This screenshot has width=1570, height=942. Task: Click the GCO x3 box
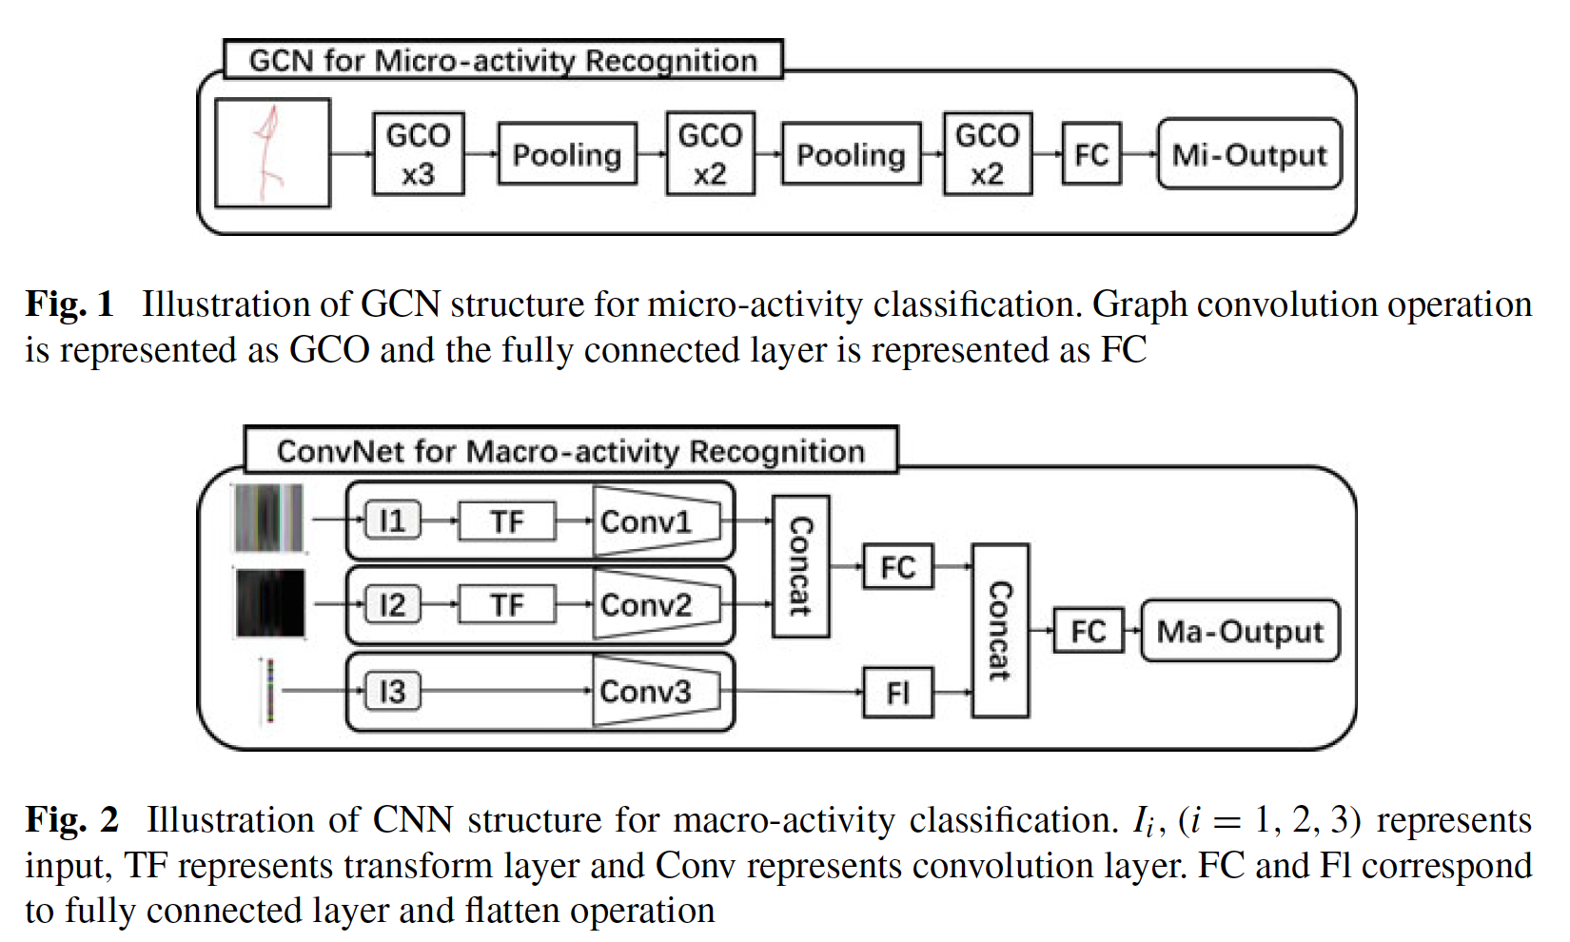(418, 154)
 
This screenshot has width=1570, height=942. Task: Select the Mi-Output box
(1249, 154)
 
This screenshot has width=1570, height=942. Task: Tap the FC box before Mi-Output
(1091, 154)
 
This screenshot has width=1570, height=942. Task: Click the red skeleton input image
(273, 153)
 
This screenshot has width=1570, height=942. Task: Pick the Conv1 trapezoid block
(655, 521)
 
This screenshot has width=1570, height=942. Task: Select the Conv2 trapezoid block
(655, 605)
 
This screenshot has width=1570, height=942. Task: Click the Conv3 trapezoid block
(655, 692)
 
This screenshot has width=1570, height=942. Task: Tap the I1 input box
(392, 521)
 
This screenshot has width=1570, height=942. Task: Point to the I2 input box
(392, 605)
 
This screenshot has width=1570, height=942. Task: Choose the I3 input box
(392, 692)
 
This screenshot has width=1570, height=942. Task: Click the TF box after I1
(507, 521)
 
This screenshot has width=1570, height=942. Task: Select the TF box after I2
(507, 605)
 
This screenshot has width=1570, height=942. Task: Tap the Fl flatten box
(897, 693)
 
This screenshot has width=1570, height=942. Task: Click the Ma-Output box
(1240, 631)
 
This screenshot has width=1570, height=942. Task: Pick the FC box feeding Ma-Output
(1089, 631)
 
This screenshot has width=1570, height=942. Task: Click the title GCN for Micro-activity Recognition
(502, 61)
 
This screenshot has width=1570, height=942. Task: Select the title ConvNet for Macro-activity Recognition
(570, 451)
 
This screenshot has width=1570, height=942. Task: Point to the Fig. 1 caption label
(69, 304)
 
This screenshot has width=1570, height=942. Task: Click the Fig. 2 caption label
(71, 820)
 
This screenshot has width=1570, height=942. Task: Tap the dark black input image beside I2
(270, 603)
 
